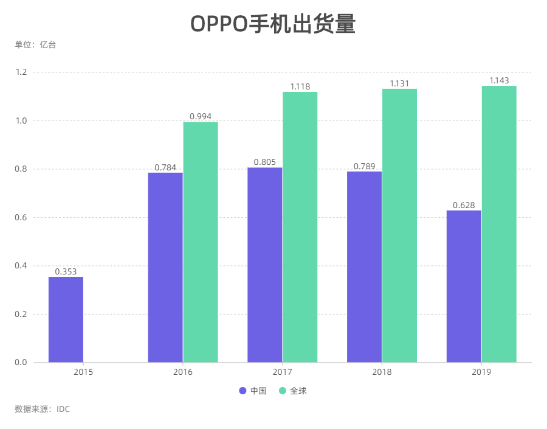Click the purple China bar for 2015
(x=66, y=319)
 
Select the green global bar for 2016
(x=201, y=242)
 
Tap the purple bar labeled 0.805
(x=265, y=265)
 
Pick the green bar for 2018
(x=399, y=225)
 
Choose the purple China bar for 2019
(x=464, y=286)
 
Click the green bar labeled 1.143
(x=499, y=224)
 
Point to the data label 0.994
(x=201, y=116)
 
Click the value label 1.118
(x=300, y=86)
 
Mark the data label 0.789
(x=365, y=166)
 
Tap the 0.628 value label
(x=464, y=205)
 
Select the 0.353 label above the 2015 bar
(x=66, y=271)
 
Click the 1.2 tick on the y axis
(x=21, y=72)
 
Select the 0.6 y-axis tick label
(x=21, y=217)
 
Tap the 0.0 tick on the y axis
(x=21, y=363)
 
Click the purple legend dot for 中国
(x=243, y=391)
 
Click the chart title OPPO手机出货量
(x=273, y=24)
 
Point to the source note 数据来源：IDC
(x=43, y=409)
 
